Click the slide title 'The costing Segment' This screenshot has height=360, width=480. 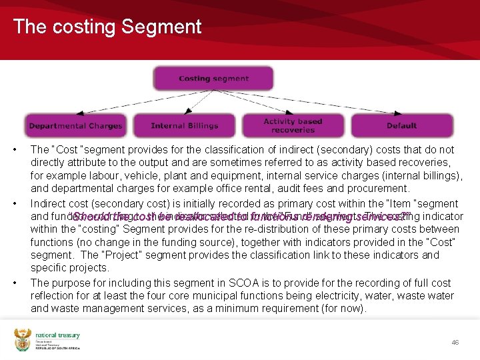[x=107, y=27]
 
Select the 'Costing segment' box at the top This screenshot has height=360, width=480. [x=213, y=79]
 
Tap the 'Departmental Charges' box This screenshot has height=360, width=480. [x=75, y=125]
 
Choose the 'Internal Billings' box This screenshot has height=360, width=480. [x=185, y=125]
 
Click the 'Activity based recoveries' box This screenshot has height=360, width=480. [x=293, y=125]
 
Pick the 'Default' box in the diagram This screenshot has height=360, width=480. [x=401, y=125]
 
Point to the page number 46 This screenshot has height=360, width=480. [x=455, y=342]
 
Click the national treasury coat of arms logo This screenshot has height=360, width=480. [x=22, y=340]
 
